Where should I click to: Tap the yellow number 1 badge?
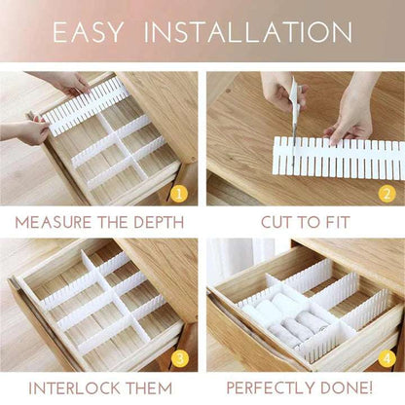pyautogui.click(x=179, y=194)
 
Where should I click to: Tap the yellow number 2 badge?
pyautogui.click(x=386, y=194)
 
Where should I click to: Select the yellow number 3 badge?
pyautogui.click(x=179, y=359)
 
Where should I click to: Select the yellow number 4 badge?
pyautogui.click(x=386, y=359)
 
